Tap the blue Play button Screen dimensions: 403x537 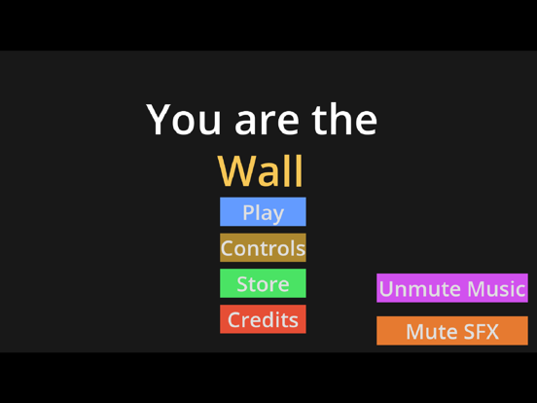pyautogui.click(x=263, y=212)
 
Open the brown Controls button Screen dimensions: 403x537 pyautogui.click(x=263, y=248)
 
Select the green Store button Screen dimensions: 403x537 pyautogui.click(x=263, y=284)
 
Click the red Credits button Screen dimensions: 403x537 pyautogui.click(x=263, y=319)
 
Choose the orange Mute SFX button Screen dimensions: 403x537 pyautogui.click(x=451, y=331)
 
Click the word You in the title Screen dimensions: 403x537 pyautogui.click(x=184, y=120)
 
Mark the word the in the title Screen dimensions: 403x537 pyautogui.click(x=344, y=120)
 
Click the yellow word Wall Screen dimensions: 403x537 pyautogui.click(x=261, y=170)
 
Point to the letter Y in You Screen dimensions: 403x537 pyautogui.click(x=160, y=120)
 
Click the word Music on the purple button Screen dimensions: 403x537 pyautogui.click(x=490, y=289)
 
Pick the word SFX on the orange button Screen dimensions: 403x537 pyautogui.click(x=479, y=331)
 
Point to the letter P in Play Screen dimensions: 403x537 pyautogui.click(x=248, y=212)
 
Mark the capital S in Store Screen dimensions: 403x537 pyautogui.click(x=243, y=284)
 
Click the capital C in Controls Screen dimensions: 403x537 pyautogui.click(x=229, y=248)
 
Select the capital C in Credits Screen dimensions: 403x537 pyautogui.click(x=234, y=319)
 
